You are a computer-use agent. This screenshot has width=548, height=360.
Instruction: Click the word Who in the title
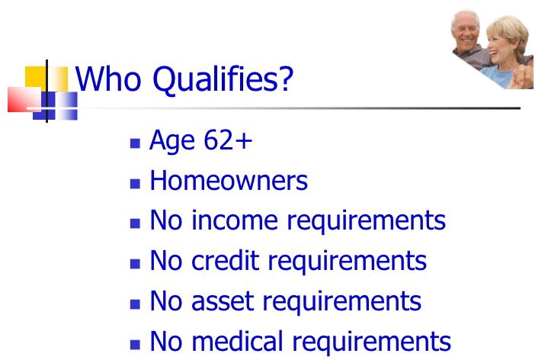tap(108, 79)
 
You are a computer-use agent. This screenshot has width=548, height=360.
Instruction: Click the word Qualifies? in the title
tap(223, 80)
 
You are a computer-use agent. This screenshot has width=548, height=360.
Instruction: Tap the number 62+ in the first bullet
tap(228, 140)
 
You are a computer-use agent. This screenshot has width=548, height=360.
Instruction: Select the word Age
tap(172, 142)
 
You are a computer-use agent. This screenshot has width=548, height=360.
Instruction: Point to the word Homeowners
tap(229, 181)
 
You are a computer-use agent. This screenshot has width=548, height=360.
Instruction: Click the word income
tap(235, 220)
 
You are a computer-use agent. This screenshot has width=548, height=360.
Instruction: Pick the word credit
tap(226, 261)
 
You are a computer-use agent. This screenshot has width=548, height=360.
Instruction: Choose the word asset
tap(223, 301)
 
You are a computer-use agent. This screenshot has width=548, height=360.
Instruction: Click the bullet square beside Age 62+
tap(135, 143)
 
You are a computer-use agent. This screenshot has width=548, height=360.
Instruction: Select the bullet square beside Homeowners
tap(135, 184)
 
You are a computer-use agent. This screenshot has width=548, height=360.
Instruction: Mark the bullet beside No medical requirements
tap(135, 345)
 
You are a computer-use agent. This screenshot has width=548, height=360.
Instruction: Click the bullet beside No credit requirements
tap(135, 263)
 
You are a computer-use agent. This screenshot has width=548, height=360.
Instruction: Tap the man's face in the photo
tap(465, 31)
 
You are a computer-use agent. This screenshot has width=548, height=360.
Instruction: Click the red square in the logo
tap(24, 100)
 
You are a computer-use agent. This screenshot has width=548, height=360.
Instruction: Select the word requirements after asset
tap(341, 302)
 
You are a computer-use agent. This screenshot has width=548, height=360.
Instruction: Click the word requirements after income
tap(366, 221)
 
